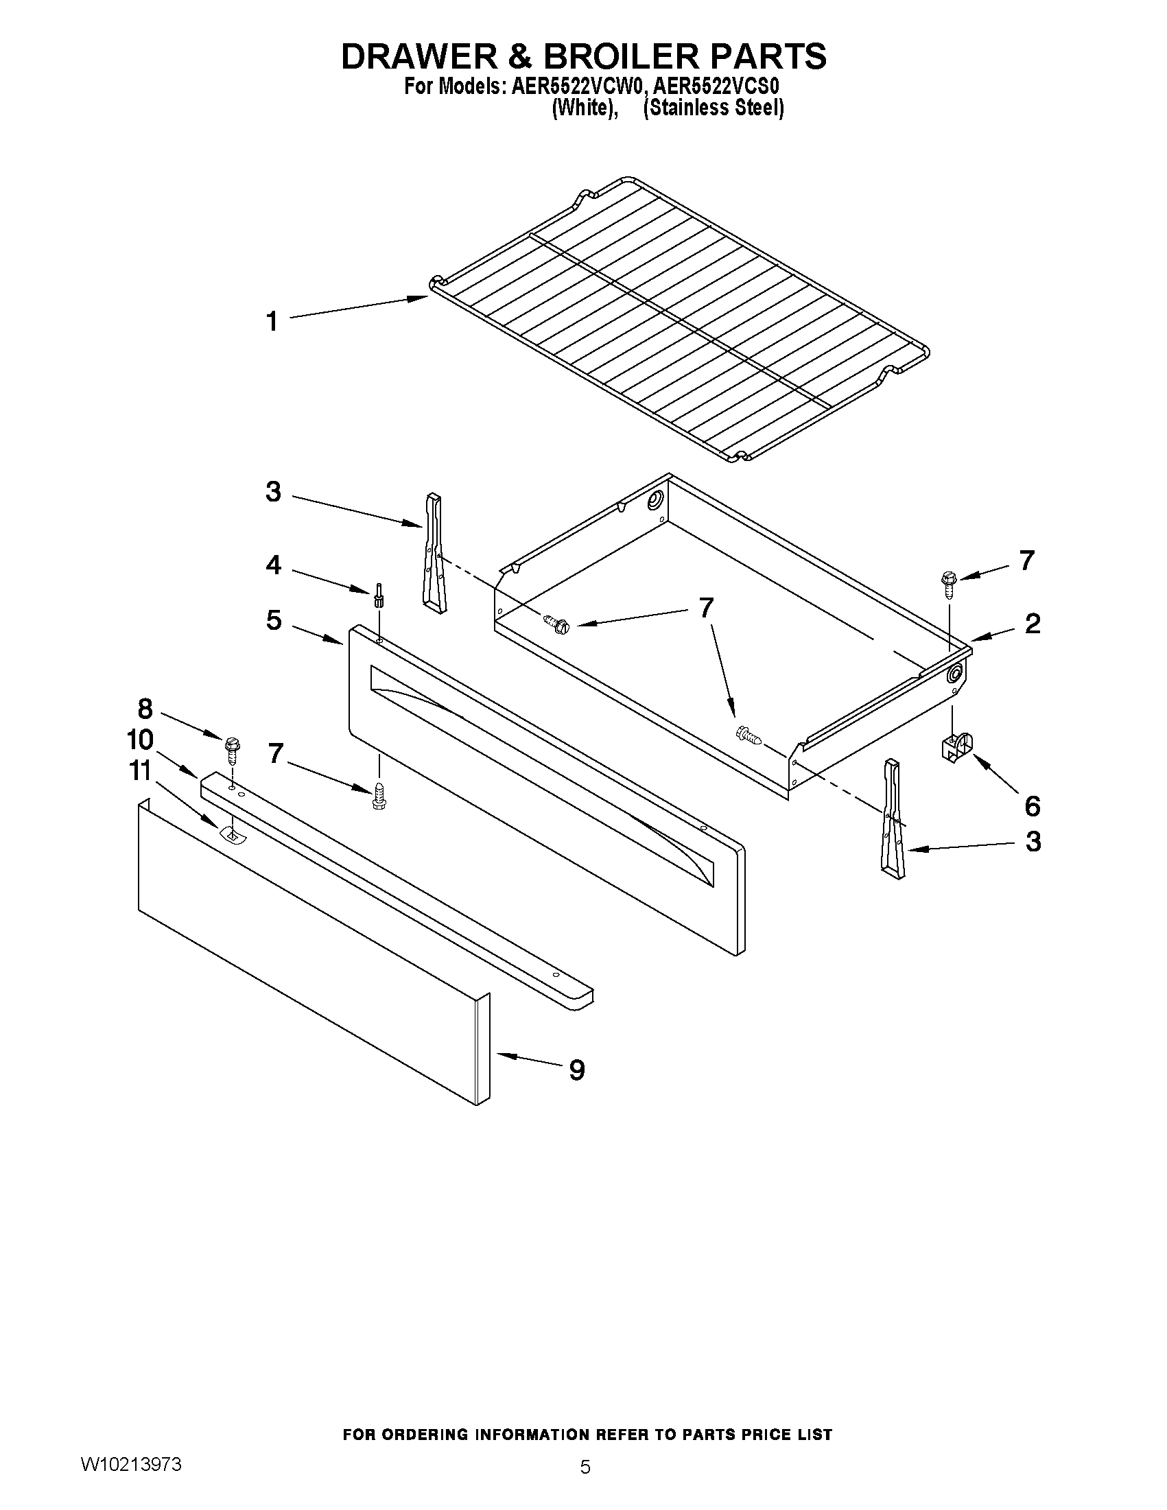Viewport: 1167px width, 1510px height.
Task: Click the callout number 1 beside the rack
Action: click(x=273, y=322)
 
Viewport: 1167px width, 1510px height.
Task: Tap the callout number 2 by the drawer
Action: click(x=1031, y=624)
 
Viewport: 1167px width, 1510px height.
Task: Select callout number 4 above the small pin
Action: click(x=274, y=565)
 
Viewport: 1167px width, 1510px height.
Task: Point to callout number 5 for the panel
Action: click(x=274, y=620)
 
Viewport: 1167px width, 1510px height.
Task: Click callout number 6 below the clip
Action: click(x=1031, y=805)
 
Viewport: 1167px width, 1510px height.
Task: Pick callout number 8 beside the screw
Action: click(x=145, y=709)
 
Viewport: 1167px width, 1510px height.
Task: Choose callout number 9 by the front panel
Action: click(x=576, y=1070)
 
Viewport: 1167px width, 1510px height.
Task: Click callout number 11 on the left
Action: click(x=141, y=770)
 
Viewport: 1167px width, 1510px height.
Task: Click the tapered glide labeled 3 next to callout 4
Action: click(x=435, y=553)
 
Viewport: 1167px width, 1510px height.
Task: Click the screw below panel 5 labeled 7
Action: click(x=378, y=796)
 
